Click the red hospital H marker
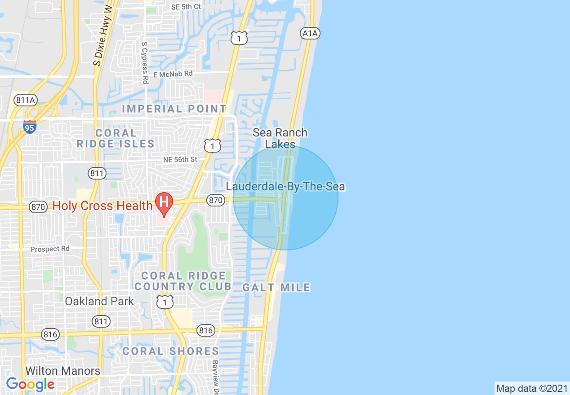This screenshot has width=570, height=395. click(x=164, y=203)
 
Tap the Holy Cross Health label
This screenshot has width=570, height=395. click(x=102, y=206)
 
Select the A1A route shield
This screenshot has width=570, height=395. click(x=310, y=33)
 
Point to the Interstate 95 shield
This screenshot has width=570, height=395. click(x=30, y=127)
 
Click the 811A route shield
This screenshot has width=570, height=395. click(x=25, y=100)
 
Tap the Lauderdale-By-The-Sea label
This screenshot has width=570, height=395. click(x=286, y=186)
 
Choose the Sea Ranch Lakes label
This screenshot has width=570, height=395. click(x=280, y=138)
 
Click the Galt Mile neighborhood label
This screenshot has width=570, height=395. click(x=276, y=287)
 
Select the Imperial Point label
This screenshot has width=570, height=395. click(x=174, y=109)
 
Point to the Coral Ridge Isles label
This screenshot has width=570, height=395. click(x=116, y=138)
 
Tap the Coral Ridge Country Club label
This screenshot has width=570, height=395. click(x=183, y=281)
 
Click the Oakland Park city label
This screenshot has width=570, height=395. click(x=99, y=301)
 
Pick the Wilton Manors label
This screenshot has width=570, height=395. click(x=63, y=371)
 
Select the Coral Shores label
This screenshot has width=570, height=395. click(x=171, y=351)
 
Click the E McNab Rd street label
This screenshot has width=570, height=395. click(x=173, y=73)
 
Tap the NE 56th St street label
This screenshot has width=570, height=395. click(x=180, y=159)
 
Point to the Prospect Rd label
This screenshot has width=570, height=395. click(x=50, y=249)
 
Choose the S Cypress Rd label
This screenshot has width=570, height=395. click(x=144, y=63)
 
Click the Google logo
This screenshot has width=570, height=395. click(x=30, y=384)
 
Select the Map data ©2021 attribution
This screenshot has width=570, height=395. click(x=532, y=388)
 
